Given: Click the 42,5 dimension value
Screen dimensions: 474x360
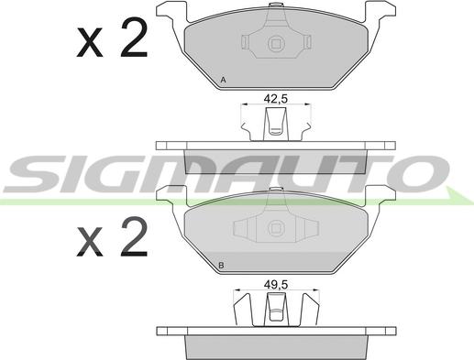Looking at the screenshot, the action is [276, 99].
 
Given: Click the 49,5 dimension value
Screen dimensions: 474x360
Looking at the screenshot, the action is [276, 285].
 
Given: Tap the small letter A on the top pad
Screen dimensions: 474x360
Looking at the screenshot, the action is [223, 81].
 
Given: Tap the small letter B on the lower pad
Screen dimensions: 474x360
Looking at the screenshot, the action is [222, 265].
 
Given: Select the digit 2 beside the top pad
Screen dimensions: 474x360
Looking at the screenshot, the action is [134, 38].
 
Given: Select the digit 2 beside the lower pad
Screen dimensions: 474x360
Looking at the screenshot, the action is [134, 236].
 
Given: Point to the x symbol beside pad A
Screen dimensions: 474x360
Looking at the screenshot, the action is [90, 42].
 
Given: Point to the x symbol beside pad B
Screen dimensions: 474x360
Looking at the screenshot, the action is [90, 241].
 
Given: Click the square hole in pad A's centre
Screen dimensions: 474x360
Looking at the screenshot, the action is [277, 43].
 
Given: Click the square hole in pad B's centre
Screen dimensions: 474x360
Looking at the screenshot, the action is [277, 228].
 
